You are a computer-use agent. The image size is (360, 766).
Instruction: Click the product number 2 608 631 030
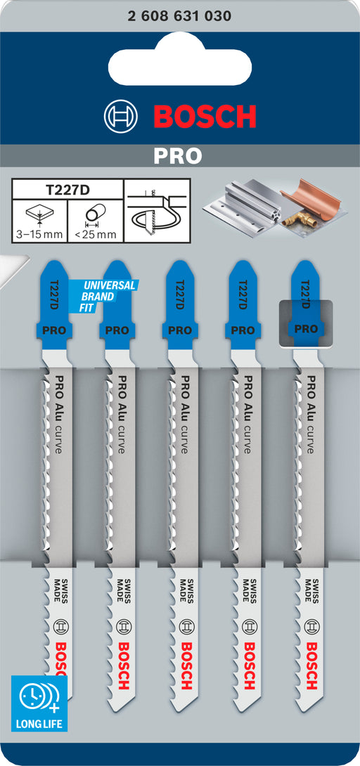[180, 16]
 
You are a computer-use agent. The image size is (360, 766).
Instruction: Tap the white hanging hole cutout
[180, 61]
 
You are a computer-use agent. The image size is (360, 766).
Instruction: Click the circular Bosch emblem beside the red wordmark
[121, 116]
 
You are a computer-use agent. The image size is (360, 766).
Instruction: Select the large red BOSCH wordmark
[205, 116]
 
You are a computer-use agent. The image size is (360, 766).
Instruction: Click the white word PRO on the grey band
[178, 156]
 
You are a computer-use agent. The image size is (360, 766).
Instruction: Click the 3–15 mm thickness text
[39, 234]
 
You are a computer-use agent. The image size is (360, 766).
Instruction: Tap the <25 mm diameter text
[96, 234]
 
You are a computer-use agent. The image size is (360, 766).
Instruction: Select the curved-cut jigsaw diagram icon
[157, 211]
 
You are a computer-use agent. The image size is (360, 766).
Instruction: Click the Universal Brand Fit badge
[103, 296]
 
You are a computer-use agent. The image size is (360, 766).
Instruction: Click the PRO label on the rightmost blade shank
[306, 330]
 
